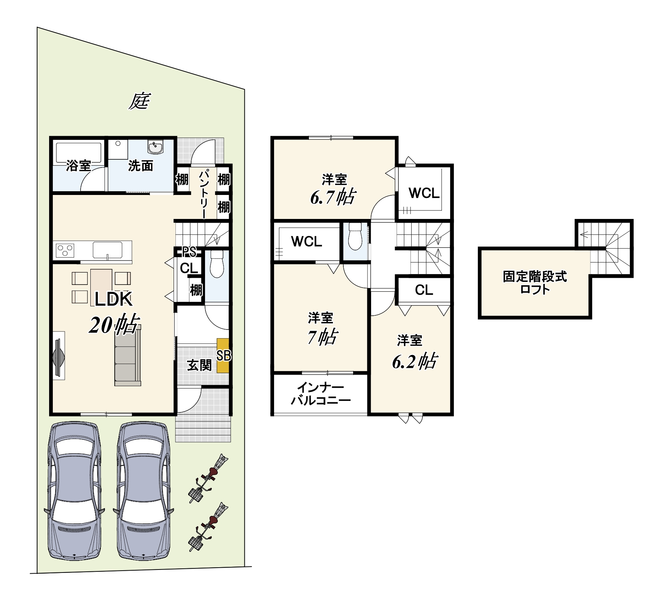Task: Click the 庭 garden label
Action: [x=139, y=101]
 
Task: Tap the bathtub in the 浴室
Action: [x=79, y=153]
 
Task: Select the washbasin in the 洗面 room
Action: [x=155, y=147]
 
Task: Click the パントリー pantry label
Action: [x=204, y=194]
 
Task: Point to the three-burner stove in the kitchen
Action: [x=65, y=250]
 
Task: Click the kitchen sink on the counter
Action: [x=108, y=250]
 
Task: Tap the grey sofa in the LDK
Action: [x=128, y=355]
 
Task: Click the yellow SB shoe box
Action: [x=223, y=355]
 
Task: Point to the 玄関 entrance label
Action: [x=199, y=365]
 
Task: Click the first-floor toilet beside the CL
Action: [x=217, y=264]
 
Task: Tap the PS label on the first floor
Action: [x=189, y=252]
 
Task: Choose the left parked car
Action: [x=74, y=491]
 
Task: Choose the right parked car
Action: [x=144, y=491]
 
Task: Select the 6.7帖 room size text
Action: [x=332, y=196]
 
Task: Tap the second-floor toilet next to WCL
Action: [x=355, y=237]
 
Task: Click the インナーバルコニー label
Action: [x=321, y=394]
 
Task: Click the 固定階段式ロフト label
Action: [x=535, y=283]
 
